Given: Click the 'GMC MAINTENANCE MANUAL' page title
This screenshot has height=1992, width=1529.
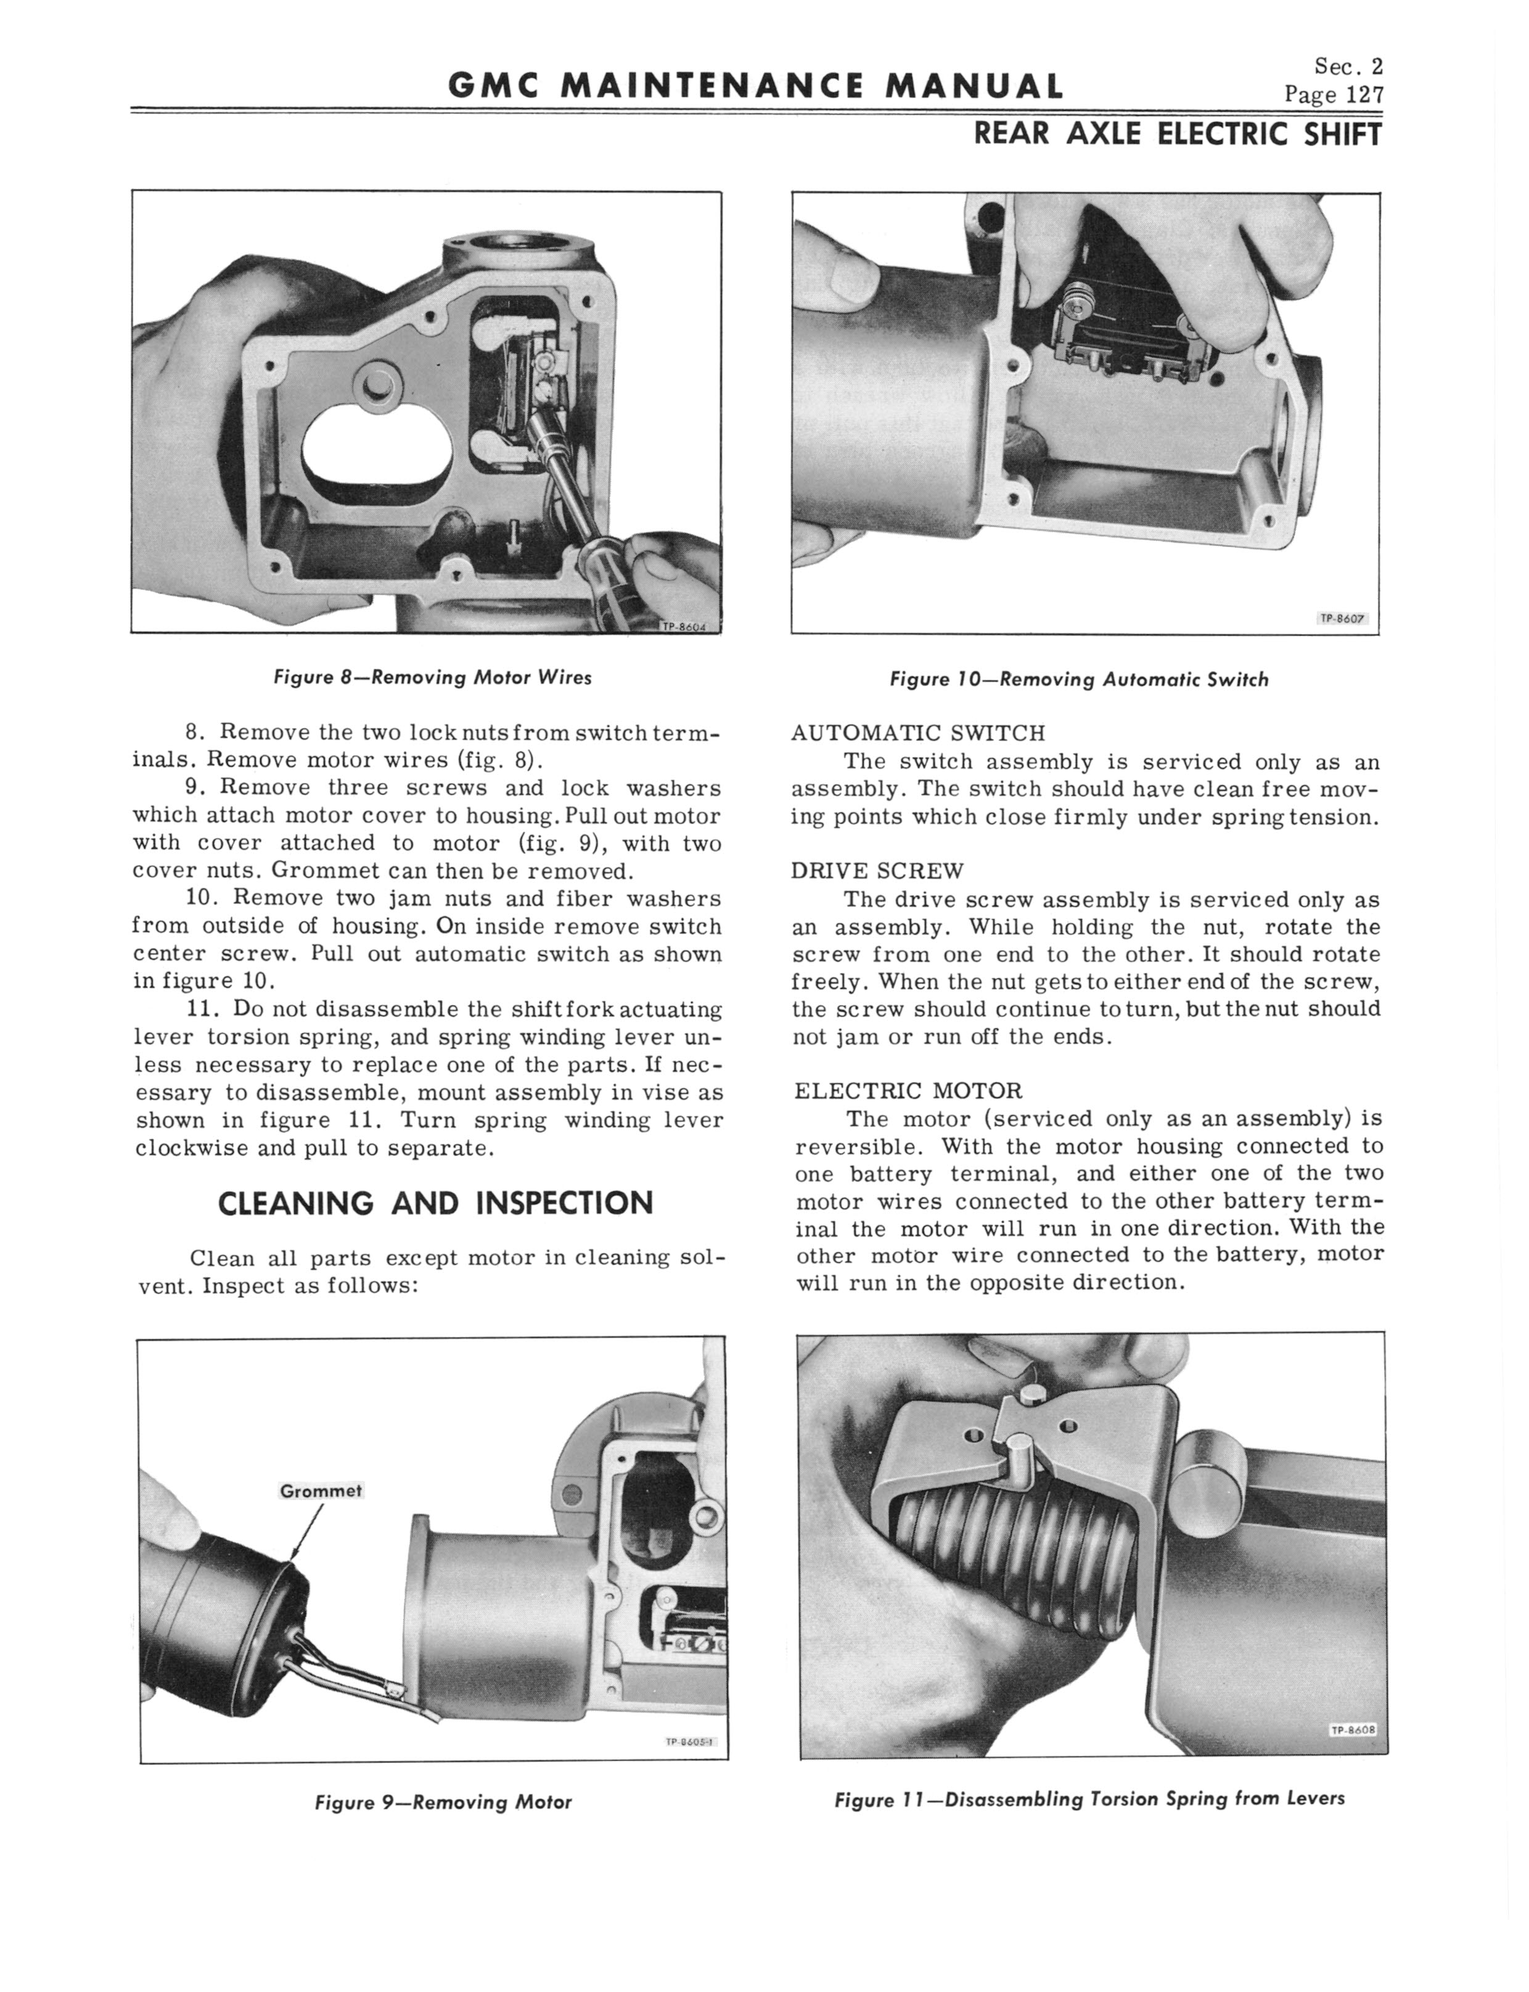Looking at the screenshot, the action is [755, 86].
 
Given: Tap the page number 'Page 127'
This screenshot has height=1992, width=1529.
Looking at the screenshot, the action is [1334, 94].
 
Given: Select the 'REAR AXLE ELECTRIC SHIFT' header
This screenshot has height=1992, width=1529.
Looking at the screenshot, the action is [1178, 134].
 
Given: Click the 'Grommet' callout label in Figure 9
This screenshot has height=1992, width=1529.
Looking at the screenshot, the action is [321, 1490].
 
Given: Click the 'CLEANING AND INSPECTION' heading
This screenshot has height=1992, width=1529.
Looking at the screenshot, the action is [436, 1203].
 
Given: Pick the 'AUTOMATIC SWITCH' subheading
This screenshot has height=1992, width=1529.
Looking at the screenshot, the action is [918, 733].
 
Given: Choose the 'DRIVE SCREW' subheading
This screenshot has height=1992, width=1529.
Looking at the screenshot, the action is [877, 870].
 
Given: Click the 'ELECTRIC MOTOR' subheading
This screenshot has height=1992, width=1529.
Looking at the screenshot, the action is [908, 1090].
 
